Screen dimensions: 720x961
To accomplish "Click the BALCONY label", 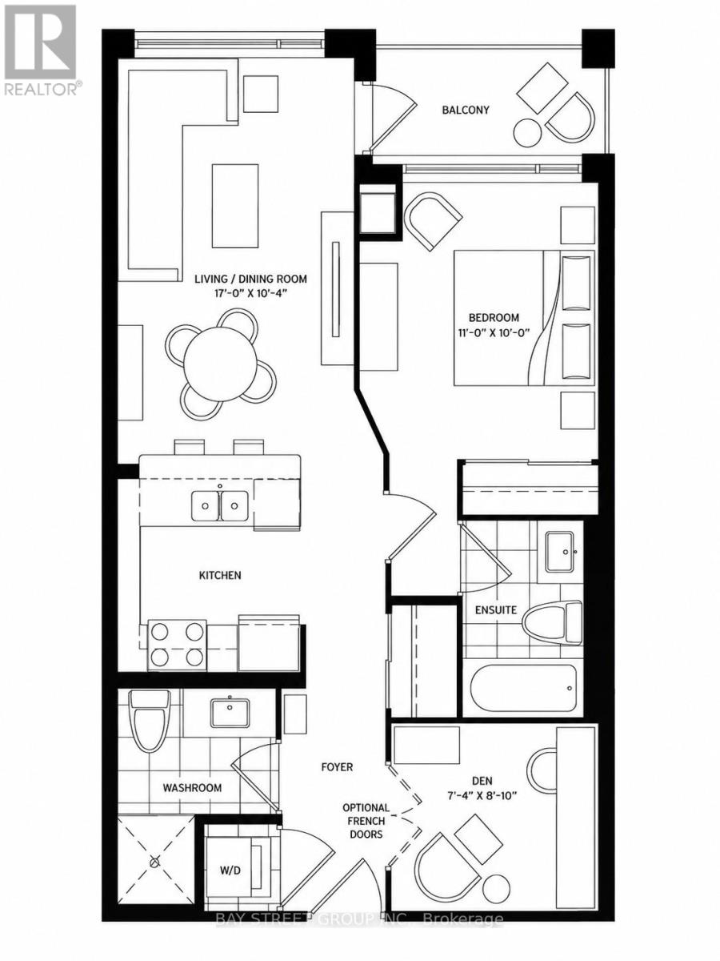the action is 465,110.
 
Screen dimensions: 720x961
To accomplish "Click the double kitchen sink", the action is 220,506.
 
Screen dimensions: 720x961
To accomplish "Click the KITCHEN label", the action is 220,575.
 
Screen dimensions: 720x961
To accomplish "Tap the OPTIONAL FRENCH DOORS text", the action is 366,821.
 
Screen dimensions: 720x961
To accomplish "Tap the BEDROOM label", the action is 494,317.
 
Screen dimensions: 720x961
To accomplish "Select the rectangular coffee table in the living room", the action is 235,206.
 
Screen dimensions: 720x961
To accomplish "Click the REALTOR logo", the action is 42,50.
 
